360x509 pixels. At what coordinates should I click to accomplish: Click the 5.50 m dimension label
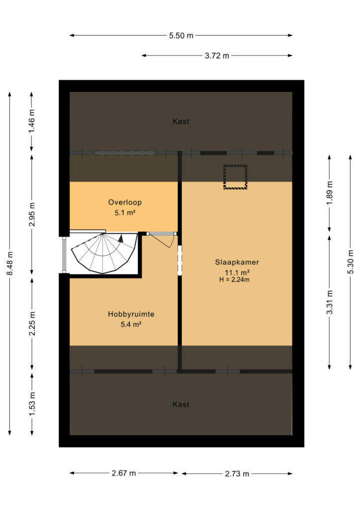(x=181, y=36)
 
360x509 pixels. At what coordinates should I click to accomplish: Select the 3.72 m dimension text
(x=217, y=56)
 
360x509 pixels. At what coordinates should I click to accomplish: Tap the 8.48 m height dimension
(x=10, y=263)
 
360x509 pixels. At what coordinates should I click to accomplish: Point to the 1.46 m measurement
(x=31, y=121)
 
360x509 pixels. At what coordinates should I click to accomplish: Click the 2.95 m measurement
(x=31, y=214)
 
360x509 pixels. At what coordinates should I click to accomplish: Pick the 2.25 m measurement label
(x=32, y=324)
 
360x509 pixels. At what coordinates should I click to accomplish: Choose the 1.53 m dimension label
(x=32, y=404)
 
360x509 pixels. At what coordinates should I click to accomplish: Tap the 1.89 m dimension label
(x=330, y=193)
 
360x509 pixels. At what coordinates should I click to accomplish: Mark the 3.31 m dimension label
(x=330, y=302)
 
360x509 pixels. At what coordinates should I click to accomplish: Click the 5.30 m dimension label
(x=351, y=261)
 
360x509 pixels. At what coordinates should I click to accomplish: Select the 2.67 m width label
(x=124, y=473)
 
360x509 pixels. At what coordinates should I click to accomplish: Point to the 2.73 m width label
(x=237, y=474)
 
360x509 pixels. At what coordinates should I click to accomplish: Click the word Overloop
(x=125, y=202)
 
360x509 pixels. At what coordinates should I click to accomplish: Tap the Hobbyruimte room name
(x=131, y=314)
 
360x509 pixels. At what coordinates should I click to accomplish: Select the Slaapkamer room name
(x=237, y=262)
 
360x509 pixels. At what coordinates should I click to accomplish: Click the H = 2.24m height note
(x=234, y=279)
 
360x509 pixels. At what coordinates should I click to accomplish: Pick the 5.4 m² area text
(x=131, y=324)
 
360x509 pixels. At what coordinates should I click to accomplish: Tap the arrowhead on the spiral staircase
(x=121, y=238)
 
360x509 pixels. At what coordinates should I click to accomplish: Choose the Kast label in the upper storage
(x=181, y=121)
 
